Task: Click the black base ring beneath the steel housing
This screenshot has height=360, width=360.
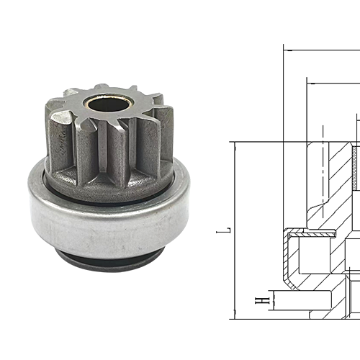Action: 108,260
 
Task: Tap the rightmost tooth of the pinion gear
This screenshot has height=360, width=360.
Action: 163,137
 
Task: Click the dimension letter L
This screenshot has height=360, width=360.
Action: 227,230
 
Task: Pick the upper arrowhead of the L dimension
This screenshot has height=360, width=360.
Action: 235,145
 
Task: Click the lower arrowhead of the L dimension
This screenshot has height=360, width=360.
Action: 235,315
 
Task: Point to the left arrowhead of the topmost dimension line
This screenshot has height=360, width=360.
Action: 287,50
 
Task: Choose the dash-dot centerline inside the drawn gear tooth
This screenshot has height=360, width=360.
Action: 323,166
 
